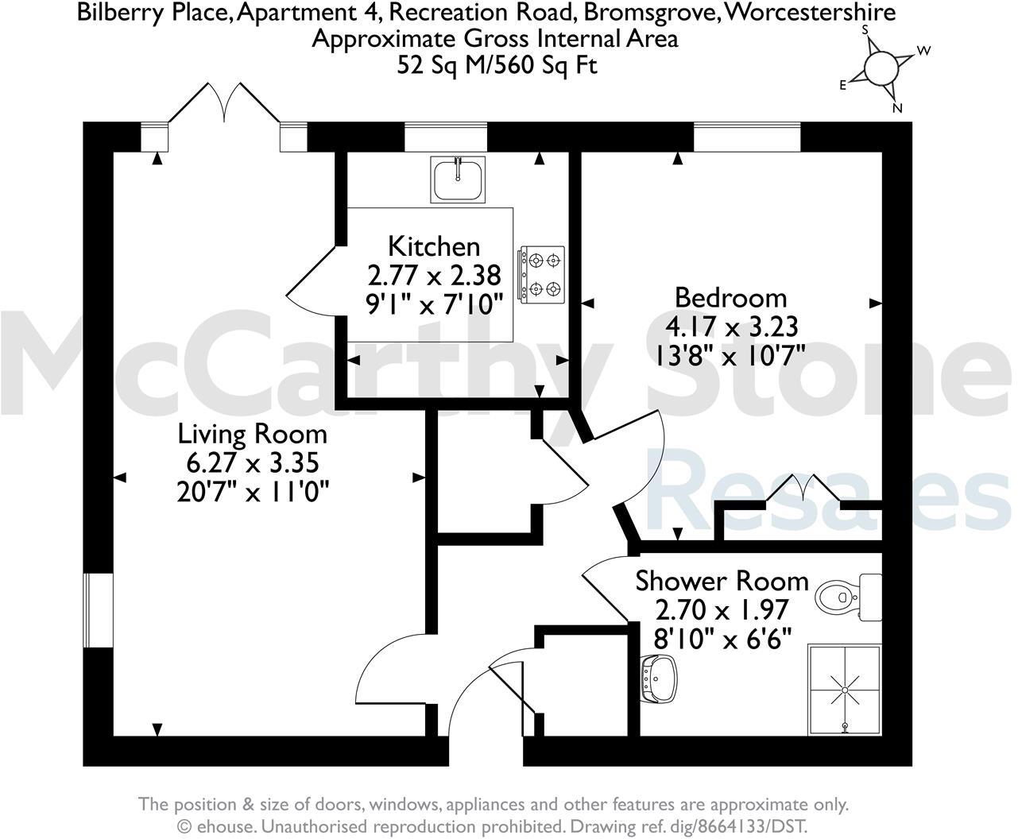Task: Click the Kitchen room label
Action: coord(433,246)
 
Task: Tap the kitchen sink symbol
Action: coord(459,179)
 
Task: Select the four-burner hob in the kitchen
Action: coord(543,273)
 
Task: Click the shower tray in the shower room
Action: coord(844,690)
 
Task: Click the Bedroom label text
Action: coord(730,298)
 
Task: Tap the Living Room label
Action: coord(252,434)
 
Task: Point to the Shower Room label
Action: coord(722,581)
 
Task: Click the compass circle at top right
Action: coord(880,68)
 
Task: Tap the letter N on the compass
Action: coord(897,109)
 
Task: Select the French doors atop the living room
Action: coord(225,103)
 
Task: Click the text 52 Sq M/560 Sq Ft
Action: coord(497,65)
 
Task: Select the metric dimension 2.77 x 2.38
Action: coord(434,275)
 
